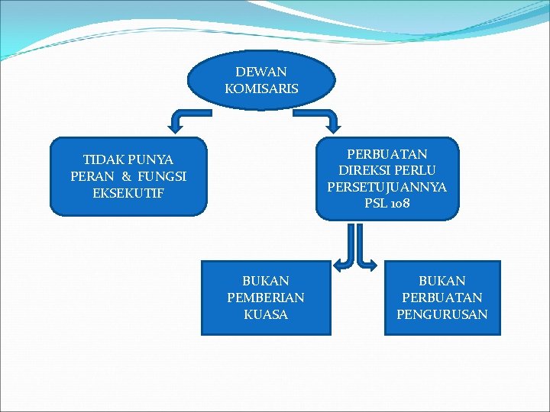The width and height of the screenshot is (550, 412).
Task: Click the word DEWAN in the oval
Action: [261, 72]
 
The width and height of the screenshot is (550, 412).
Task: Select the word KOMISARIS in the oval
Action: [261, 89]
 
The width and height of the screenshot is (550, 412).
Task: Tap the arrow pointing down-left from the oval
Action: [183, 121]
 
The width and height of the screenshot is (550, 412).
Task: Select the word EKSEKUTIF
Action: [128, 193]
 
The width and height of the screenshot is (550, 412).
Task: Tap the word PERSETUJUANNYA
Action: [387, 187]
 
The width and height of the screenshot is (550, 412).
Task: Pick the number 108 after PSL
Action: [399, 204]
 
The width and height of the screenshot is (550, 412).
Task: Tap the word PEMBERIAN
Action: [265, 298]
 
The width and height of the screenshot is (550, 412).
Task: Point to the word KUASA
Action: [265, 314]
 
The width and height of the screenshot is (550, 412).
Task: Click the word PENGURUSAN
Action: [442, 314]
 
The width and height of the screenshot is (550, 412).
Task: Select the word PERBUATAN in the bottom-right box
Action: [442, 298]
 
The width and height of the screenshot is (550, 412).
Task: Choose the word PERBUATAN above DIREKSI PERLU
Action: [387, 154]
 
